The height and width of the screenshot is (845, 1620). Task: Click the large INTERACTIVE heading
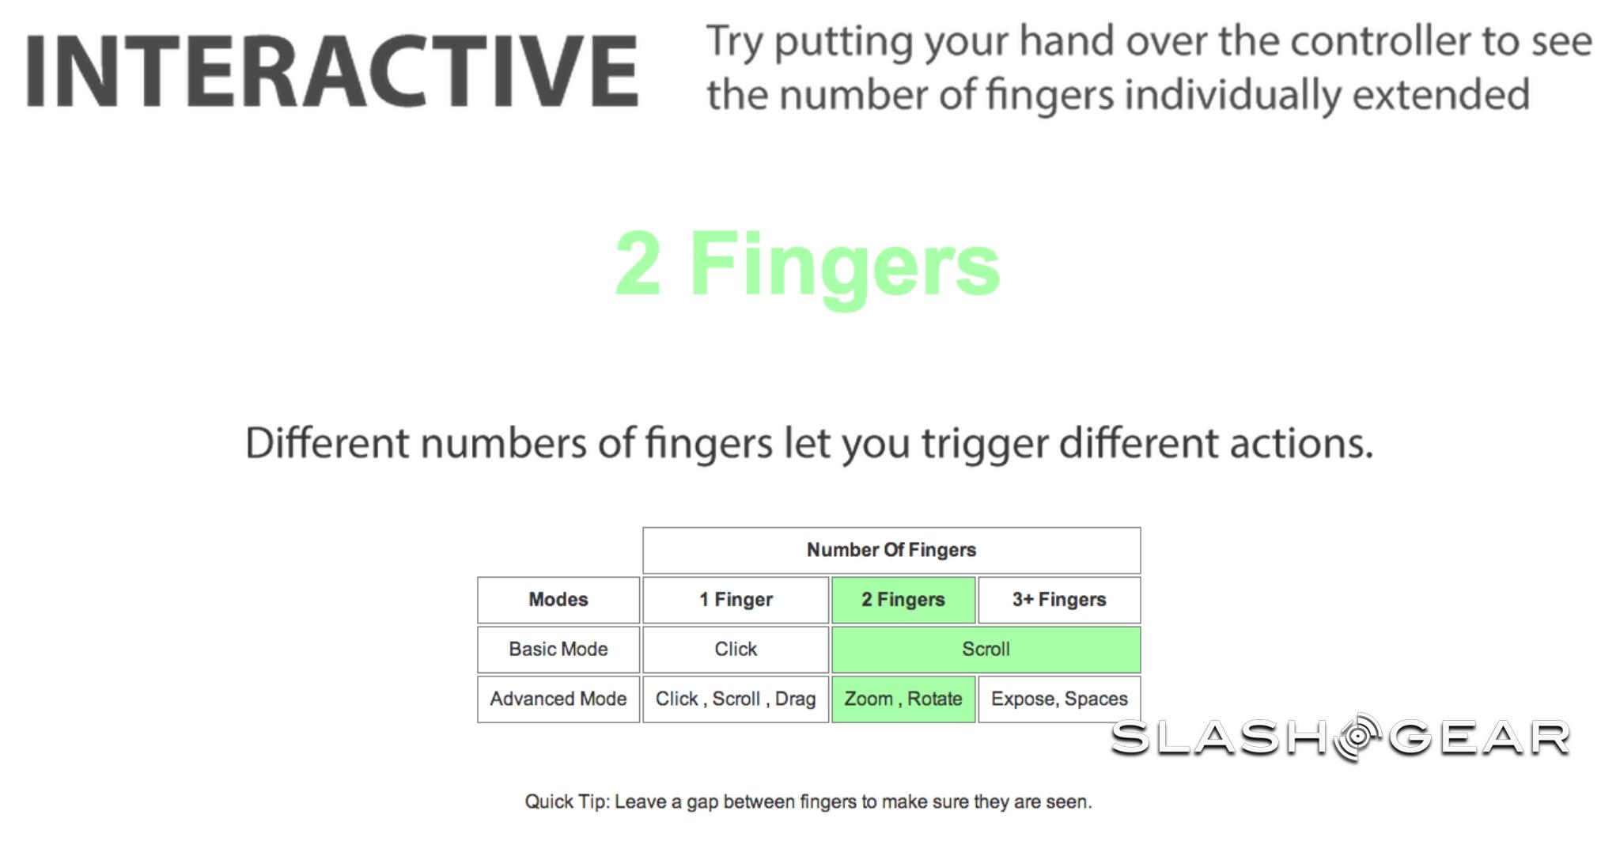tap(332, 71)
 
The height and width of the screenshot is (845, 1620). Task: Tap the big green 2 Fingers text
tap(808, 265)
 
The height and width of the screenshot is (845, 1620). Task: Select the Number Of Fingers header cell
tap(891, 550)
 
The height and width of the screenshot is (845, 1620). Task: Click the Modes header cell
tap(558, 600)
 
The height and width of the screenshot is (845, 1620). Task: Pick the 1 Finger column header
tap(736, 600)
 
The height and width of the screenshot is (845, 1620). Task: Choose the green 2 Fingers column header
tap(903, 600)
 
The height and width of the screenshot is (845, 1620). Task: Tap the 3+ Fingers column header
tap(1059, 600)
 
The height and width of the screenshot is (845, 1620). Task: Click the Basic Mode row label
tap(558, 650)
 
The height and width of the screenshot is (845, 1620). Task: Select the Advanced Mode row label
tap(558, 699)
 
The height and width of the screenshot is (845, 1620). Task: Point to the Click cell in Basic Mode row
tap(736, 650)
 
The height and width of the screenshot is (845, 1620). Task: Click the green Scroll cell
tap(986, 650)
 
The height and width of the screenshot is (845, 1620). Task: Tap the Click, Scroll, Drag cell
tap(736, 699)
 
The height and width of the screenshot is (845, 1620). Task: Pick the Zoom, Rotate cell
tap(903, 699)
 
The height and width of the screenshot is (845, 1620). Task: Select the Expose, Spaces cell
tap(1059, 699)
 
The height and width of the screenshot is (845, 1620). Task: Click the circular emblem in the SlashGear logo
tap(1358, 737)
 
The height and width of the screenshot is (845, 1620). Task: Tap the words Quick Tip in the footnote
tap(566, 802)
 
